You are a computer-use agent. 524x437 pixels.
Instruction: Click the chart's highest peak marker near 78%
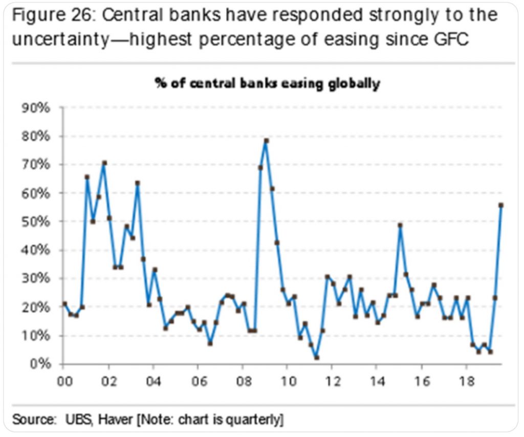click(x=266, y=141)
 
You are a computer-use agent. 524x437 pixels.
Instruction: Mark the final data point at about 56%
click(x=501, y=205)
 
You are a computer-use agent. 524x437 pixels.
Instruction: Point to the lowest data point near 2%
click(x=317, y=358)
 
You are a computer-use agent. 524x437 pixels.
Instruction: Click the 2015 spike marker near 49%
click(x=400, y=225)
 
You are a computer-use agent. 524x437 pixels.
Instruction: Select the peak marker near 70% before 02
click(x=104, y=163)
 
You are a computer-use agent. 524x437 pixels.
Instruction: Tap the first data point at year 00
click(x=64, y=304)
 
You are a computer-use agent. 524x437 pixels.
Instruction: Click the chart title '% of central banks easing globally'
click(x=268, y=84)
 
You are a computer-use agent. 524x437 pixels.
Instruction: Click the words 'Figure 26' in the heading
click(x=51, y=15)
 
